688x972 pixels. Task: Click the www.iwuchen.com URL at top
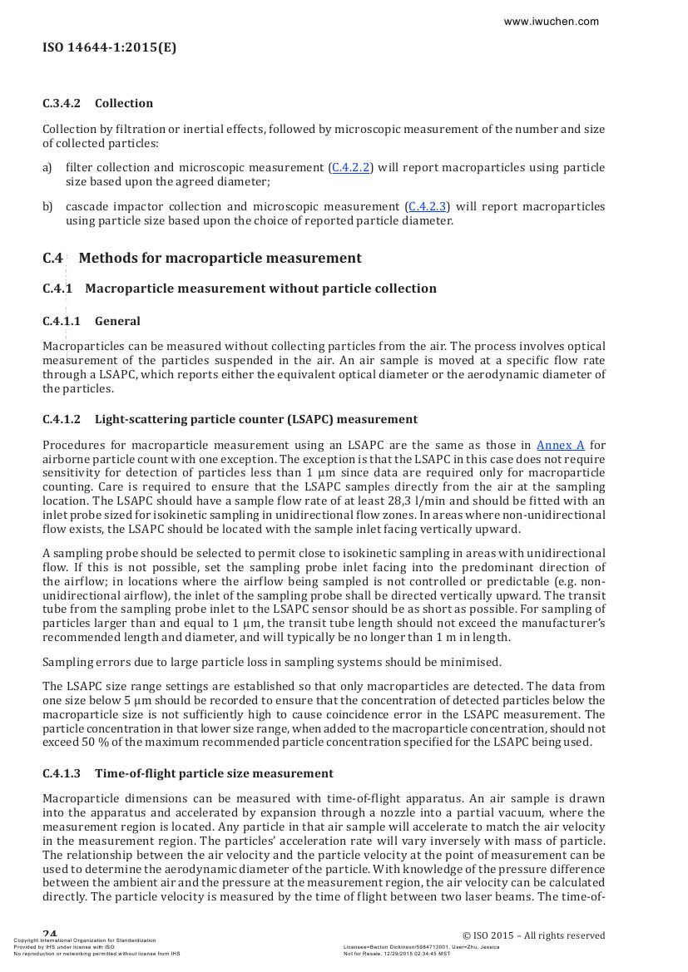point(551,22)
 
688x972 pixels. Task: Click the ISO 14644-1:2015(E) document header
point(109,47)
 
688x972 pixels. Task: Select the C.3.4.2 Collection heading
point(98,103)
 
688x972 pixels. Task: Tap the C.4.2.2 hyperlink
point(350,168)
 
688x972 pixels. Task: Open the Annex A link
point(560,445)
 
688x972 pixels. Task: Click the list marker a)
point(47,168)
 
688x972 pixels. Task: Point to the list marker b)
point(47,206)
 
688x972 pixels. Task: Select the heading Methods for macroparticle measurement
point(220,258)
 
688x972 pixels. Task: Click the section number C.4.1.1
point(62,321)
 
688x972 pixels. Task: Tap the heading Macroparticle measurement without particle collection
point(260,289)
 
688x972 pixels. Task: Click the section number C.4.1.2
point(62,419)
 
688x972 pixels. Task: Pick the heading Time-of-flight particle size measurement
point(214,773)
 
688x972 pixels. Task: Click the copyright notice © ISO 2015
point(533,935)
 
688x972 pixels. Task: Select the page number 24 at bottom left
point(50,934)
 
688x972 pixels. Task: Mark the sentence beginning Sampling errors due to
point(272,662)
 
